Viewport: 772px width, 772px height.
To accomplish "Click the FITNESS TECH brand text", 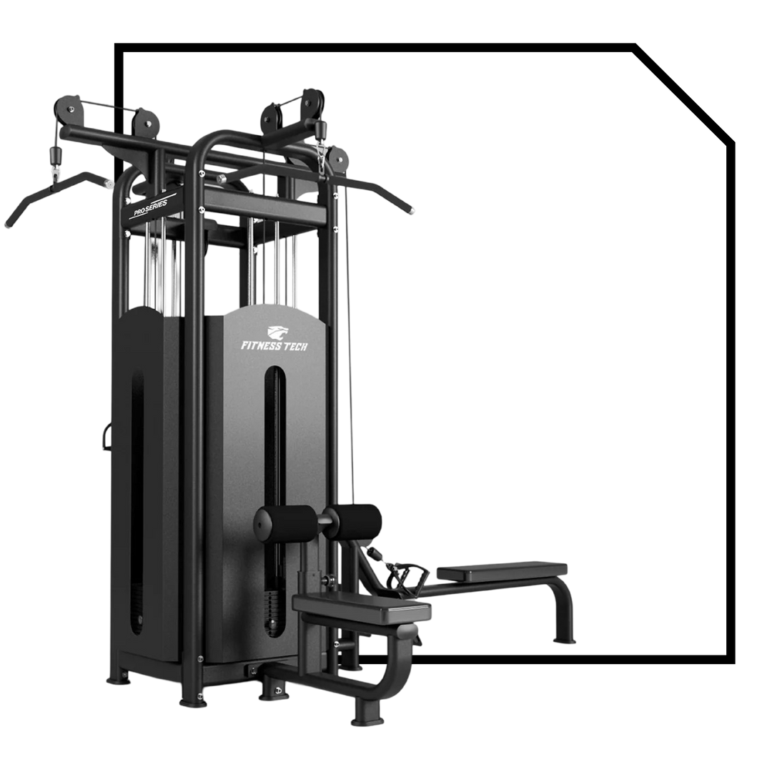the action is click(x=274, y=346).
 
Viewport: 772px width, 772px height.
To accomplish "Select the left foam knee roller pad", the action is click(x=284, y=525).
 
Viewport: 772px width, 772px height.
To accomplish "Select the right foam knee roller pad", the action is click(x=355, y=523).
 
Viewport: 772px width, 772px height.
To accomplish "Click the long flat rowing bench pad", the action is click(x=502, y=571).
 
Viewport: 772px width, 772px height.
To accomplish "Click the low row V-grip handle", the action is click(x=407, y=578).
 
